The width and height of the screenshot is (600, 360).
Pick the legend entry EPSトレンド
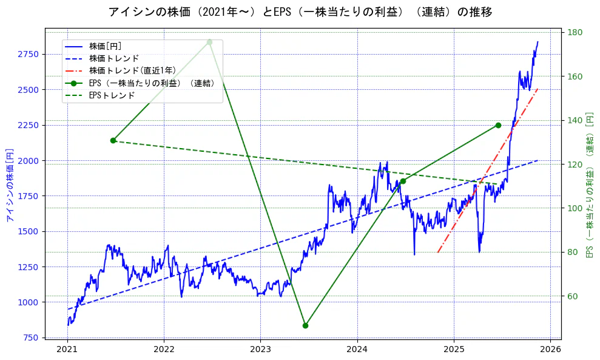[x=112, y=95]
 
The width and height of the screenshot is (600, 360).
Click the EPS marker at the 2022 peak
[x=209, y=42]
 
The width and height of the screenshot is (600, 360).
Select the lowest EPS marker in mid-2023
[x=305, y=325]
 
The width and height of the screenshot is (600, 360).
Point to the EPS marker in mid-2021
[x=113, y=140]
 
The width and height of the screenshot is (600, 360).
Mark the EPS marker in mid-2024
[x=403, y=181]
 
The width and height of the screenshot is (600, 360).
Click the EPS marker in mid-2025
[x=498, y=125]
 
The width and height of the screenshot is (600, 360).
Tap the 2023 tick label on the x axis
[x=260, y=349]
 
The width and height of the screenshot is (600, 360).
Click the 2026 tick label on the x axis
[x=550, y=349]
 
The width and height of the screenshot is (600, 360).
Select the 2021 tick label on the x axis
[x=67, y=349]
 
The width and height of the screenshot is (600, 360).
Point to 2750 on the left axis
[x=28, y=55]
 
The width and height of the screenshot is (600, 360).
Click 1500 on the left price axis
[x=28, y=231]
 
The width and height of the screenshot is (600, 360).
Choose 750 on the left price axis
[x=30, y=338]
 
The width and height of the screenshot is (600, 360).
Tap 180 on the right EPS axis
[x=575, y=33]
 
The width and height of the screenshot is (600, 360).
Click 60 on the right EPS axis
[x=573, y=296]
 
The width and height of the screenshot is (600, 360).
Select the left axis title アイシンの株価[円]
[x=9, y=186]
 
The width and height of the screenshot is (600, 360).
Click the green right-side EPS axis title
[x=589, y=185]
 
